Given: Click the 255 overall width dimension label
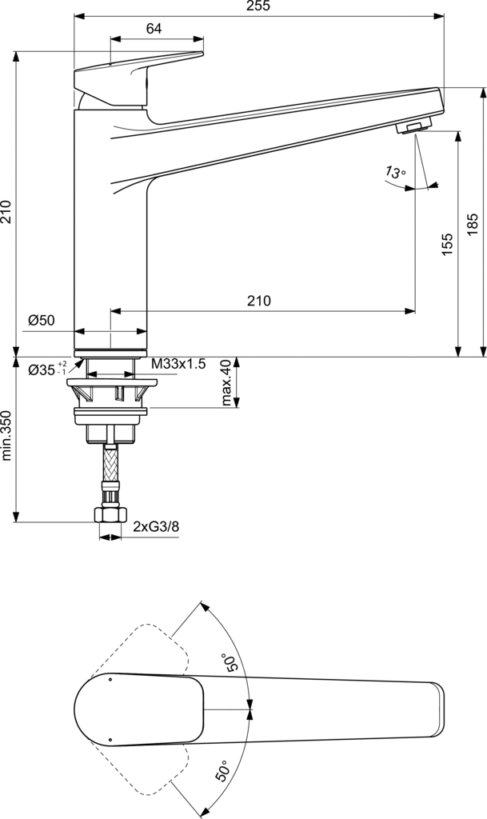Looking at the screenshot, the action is point(259,6).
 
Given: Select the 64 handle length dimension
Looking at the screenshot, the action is point(154,29).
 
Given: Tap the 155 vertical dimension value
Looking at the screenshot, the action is point(447,245).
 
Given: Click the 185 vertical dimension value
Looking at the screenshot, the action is point(473,224).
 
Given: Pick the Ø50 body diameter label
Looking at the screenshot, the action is point(42,320).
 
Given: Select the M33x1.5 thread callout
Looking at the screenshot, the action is point(179,364).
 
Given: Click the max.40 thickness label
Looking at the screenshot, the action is point(226,382).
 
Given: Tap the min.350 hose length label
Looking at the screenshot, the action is point(6,435).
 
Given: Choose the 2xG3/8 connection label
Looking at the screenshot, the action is point(156,526).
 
